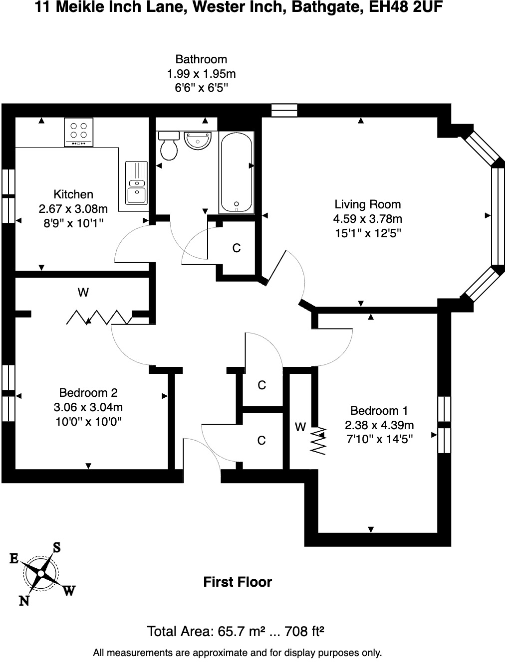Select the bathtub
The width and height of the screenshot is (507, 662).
tap(236, 172)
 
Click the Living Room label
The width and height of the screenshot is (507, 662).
tap(367, 204)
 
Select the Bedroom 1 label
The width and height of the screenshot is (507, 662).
tap(379, 411)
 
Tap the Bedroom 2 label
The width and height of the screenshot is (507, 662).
tap(88, 393)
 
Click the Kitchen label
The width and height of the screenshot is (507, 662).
tap(73, 194)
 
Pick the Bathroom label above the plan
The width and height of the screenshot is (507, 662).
tap(201, 60)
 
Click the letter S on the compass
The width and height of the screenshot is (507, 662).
tap(57, 547)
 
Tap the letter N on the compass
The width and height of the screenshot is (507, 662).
tap(24, 601)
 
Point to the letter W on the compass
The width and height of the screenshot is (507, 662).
tap(69, 591)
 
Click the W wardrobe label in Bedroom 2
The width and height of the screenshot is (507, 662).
tap(83, 293)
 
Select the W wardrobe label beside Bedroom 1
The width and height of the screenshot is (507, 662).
tap(300, 427)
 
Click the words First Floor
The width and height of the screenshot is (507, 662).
tap(238, 582)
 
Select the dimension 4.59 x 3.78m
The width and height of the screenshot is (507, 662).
tap(367, 218)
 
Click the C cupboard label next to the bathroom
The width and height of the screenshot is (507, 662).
tap(237, 248)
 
